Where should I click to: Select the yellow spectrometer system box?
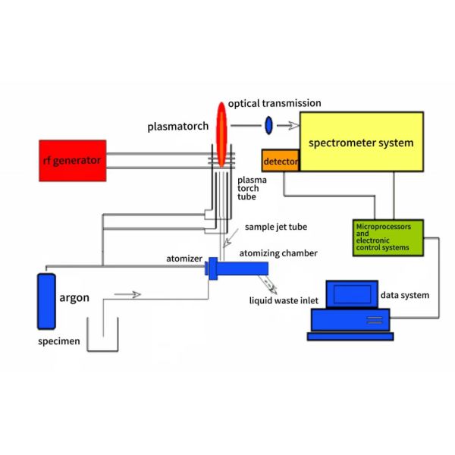[x=361, y=142]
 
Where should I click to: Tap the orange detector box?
[x=281, y=162]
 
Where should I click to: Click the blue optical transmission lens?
[x=268, y=124]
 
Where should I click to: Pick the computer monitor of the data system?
[x=351, y=295]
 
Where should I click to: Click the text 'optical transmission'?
[x=274, y=103]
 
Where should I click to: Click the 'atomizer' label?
[x=184, y=259]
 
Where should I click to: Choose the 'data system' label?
[x=404, y=295]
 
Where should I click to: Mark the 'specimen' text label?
[x=58, y=342]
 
